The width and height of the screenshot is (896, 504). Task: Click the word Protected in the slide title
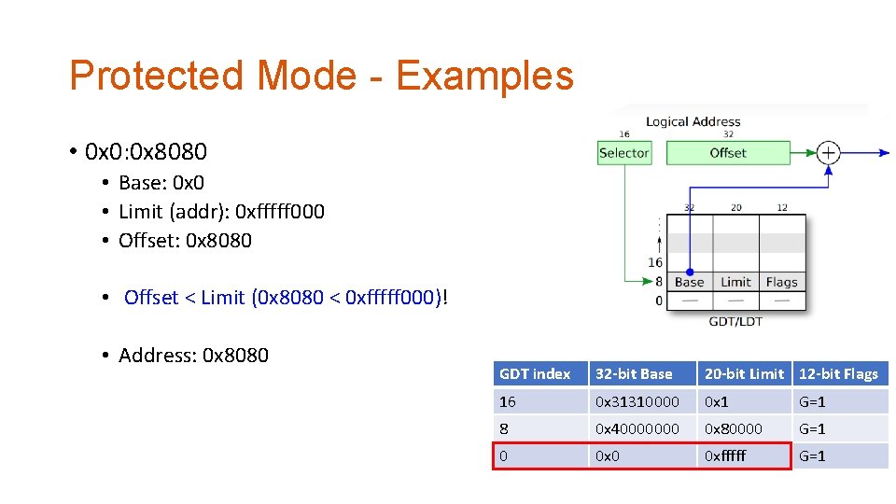coord(154,76)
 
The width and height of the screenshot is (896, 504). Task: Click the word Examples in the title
coord(484,76)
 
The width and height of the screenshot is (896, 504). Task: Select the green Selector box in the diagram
coord(623,152)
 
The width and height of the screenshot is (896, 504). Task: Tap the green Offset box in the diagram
coord(727,152)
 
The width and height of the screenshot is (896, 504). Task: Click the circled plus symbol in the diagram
coord(828,152)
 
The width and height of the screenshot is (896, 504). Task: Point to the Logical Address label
coord(693,121)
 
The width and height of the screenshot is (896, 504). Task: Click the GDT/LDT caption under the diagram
coord(735,322)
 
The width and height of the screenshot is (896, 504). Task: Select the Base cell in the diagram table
coord(689,282)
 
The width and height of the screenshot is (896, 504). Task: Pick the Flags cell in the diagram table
coord(781,282)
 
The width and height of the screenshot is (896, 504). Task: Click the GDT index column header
coord(535,374)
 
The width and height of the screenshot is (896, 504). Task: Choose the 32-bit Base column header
coord(634,374)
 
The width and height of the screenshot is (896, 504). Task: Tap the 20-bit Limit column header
coord(744,374)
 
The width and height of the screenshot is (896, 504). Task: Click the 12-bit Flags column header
coord(838,374)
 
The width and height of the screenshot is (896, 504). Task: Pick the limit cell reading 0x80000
coord(734,428)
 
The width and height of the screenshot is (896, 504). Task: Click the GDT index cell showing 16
coord(508,401)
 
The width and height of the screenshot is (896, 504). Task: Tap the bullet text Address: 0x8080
coord(193,356)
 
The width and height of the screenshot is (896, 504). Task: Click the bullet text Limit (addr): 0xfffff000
coord(221,212)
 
